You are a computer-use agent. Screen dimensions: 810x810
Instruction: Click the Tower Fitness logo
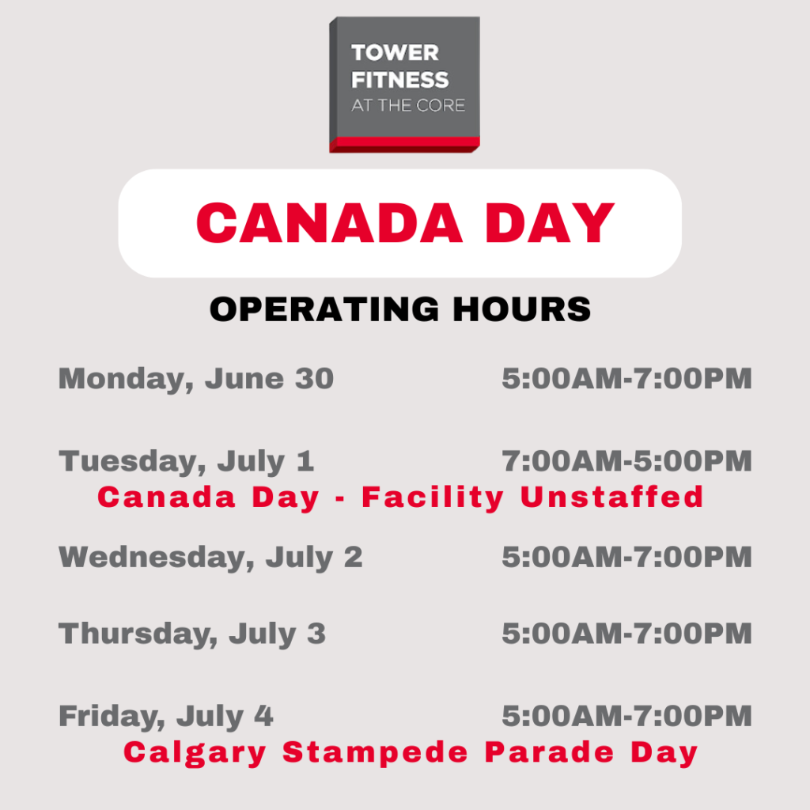[x=404, y=84]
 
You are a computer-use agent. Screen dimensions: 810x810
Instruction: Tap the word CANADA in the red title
[x=329, y=222]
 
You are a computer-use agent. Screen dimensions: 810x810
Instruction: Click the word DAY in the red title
[x=550, y=222]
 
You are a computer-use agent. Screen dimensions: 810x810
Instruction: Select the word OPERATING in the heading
[x=324, y=309]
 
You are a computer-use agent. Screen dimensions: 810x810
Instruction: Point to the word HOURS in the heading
[x=522, y=309]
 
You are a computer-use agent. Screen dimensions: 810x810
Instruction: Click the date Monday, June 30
[x=196, y=380]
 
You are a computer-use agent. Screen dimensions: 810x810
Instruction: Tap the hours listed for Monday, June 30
[x=626, y=378]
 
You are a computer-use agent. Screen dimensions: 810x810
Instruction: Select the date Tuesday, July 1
[x=187, y=462]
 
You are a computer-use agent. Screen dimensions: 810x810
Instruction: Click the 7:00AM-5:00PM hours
[x=626, y=461]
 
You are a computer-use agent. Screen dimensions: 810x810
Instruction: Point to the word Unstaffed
[x=611, y=497]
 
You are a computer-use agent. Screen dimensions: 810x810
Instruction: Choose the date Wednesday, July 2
[x=210, y=558]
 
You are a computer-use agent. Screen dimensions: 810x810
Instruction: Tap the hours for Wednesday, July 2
[x=626, y=557]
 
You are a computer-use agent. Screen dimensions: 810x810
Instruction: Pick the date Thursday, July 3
[x=192, y=634]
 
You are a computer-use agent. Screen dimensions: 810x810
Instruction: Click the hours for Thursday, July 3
[x=626, y=634]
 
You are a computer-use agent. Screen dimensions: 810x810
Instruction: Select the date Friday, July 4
[x=166, y=717]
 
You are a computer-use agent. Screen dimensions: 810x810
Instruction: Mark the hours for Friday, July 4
[x=626, y=716]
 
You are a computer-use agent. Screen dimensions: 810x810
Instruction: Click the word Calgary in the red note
[x=195, y=753]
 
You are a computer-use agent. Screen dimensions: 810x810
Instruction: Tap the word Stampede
[x=375, y=753]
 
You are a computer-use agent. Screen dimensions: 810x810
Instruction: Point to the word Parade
[x=549, y=752]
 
